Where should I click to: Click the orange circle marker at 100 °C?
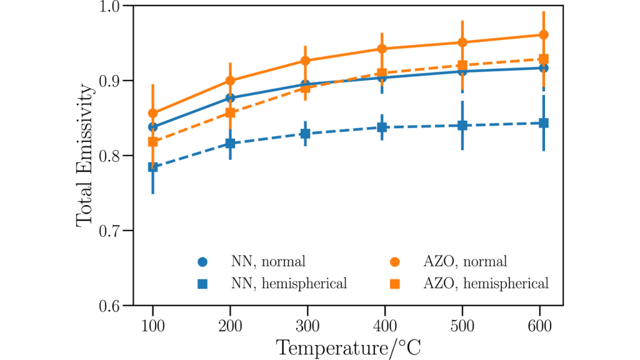[x=153, y=113]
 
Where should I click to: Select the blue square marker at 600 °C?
[x=544, y=122]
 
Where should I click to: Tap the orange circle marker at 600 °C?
[x=544, y=34]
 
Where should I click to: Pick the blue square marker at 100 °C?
[x=153, y=167]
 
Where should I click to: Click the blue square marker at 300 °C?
[x=305, y=134]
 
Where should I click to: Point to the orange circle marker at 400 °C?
[x=382, y=49]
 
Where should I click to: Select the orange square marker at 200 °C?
[x=230, y=112]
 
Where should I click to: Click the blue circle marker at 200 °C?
[x=230, y=97]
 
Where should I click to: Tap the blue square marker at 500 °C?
[x=462, y=125]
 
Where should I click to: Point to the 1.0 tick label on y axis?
[x=112, y=6]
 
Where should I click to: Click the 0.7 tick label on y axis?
[x=112, y=231]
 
